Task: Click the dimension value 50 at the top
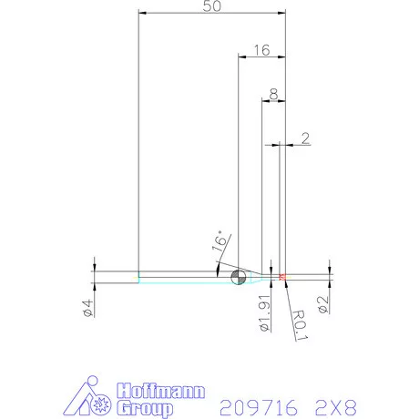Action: (x=211, y=6)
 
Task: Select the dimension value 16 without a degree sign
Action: (x=261, y=50)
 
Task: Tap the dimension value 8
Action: (x=273, y=94)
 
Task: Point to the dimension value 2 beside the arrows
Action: (x=304, y=138)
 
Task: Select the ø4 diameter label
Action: (x=88, y=308)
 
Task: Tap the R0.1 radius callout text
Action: (x=298, y=322)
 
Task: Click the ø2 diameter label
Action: (x=322, y=303)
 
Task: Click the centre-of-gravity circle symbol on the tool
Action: (x=239, y=277)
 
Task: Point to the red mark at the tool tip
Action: (x=283, y=275)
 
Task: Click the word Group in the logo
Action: (x=145, y=409)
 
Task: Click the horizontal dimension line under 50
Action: (x=211, y=13)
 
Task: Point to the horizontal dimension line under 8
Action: (x=273, y=100)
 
